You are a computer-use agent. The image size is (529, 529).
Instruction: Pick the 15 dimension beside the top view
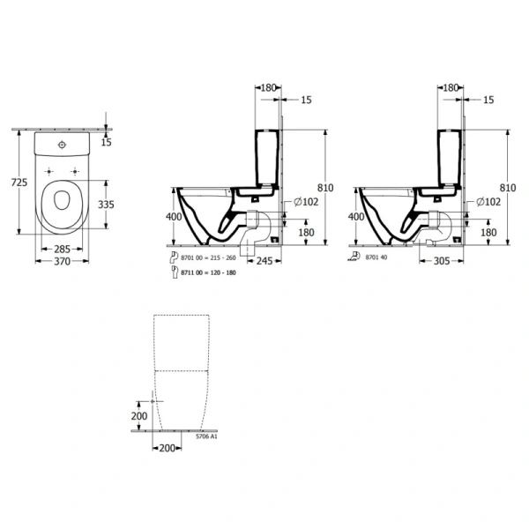coord(107,141)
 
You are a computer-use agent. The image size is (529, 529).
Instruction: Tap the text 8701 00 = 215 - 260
coord(208,257)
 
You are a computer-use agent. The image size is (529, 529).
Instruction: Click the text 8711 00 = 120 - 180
coord(208,274)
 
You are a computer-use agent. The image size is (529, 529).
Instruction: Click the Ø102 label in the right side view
coord(490,202)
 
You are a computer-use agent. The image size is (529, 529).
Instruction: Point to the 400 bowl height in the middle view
coord(174,216)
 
